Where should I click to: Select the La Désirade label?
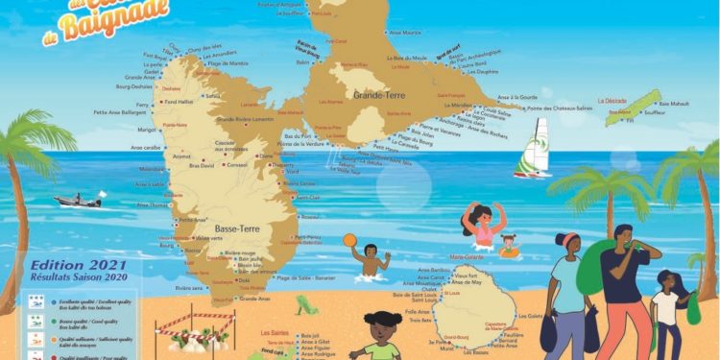coord(612,100)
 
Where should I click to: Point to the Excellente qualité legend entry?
coord(76,300)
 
